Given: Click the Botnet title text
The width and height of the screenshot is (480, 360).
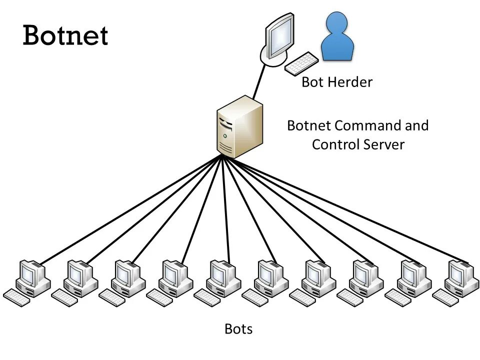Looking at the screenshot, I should (65, 35).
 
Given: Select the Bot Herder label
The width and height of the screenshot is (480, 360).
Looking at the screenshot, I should (336, 82).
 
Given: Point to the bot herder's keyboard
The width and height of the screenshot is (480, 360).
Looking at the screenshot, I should (301, 63).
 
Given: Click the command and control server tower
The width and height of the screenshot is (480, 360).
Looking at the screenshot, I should (239, 127).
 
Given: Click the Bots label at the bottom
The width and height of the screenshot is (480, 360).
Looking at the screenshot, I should (238, 329).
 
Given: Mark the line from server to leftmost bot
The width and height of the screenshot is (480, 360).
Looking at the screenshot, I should (130, 210).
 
